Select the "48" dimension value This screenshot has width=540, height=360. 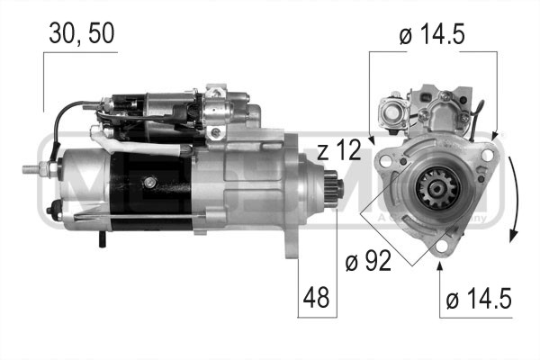pyautogui.click(x=317, y=296)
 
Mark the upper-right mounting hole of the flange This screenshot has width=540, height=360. pyautogui.click(x=486, y=155)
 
